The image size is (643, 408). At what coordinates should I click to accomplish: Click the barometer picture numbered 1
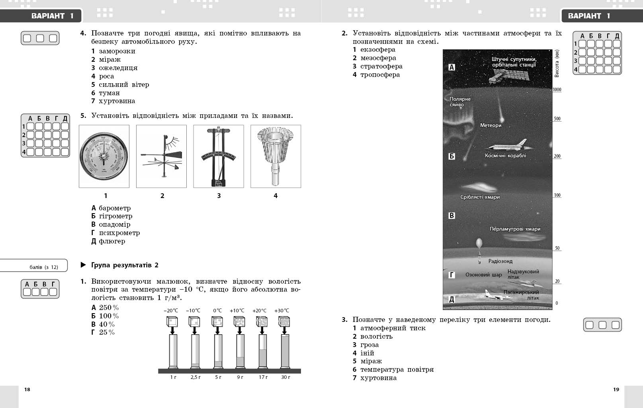[x=104, y=156]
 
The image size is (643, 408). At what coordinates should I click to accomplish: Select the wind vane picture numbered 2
[x=161, y=156]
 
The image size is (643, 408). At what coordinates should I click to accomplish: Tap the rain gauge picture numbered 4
[x=276, y=156]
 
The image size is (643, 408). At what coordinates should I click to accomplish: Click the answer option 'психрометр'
[x=119, y=233]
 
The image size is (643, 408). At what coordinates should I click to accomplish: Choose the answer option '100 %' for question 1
[x=109, y=316]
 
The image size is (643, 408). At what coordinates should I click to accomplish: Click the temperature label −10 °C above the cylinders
[x=193, y=311]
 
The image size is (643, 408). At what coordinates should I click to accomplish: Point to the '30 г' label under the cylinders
[x=285, y=377]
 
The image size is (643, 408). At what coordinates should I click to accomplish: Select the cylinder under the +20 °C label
[x=262, y=351]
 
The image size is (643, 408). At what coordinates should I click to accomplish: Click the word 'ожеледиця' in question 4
[x=118, y=68]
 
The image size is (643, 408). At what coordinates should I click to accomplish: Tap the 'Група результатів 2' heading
[x=125, y=265]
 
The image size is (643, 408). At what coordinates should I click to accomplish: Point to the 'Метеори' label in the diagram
[x=491, y=125]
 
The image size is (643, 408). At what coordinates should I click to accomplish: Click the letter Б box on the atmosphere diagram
[x=451, y=156]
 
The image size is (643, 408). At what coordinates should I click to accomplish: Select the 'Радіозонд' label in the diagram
[x=500, y=261]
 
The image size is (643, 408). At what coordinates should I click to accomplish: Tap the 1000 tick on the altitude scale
[x=557, y=90]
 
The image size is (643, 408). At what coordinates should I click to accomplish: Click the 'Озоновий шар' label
[x=483, y=275]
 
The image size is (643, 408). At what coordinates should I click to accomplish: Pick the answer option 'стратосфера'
[x=381, y=66]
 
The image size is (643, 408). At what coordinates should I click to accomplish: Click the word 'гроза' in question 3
[x=369, y=345]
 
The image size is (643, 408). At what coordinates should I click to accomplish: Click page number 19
[x=616, y=389]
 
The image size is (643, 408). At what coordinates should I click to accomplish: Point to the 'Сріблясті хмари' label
[x=480, y=197]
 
